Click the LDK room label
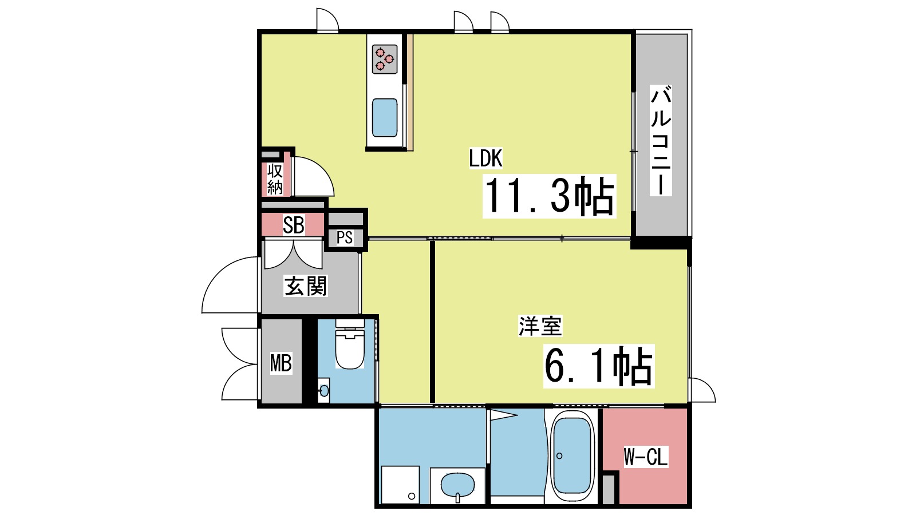pos(485,159)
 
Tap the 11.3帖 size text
pos(549,196)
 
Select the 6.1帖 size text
pos(598,366)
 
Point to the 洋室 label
pos(540,326)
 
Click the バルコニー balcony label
pos(661,141)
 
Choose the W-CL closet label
pos(645,457)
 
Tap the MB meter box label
pos(281,363)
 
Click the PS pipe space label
pos(345,237)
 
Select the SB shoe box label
pos(293,225)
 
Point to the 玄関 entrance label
pos(306,286)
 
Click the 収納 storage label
pos(275,179)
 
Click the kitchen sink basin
pos(385,117)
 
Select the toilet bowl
pos(349,351)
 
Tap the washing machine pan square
pos(400,485)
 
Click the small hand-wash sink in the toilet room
pos(324,391)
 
